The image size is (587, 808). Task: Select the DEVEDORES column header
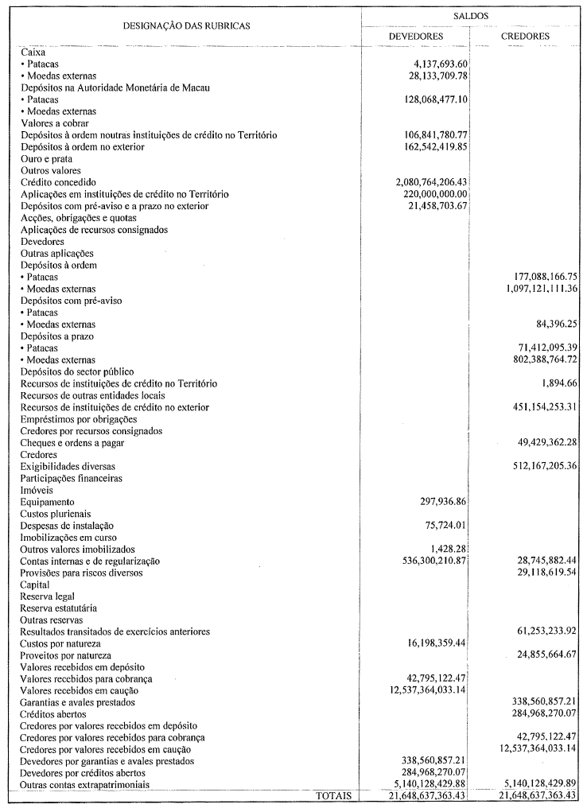point(416,37)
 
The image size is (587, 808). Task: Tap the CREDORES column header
point(525,37)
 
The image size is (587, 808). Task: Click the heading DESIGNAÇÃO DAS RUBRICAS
point(187,25)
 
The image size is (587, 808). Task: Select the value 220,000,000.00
point(436,194)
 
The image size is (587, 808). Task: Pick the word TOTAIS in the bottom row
point(334,795)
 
